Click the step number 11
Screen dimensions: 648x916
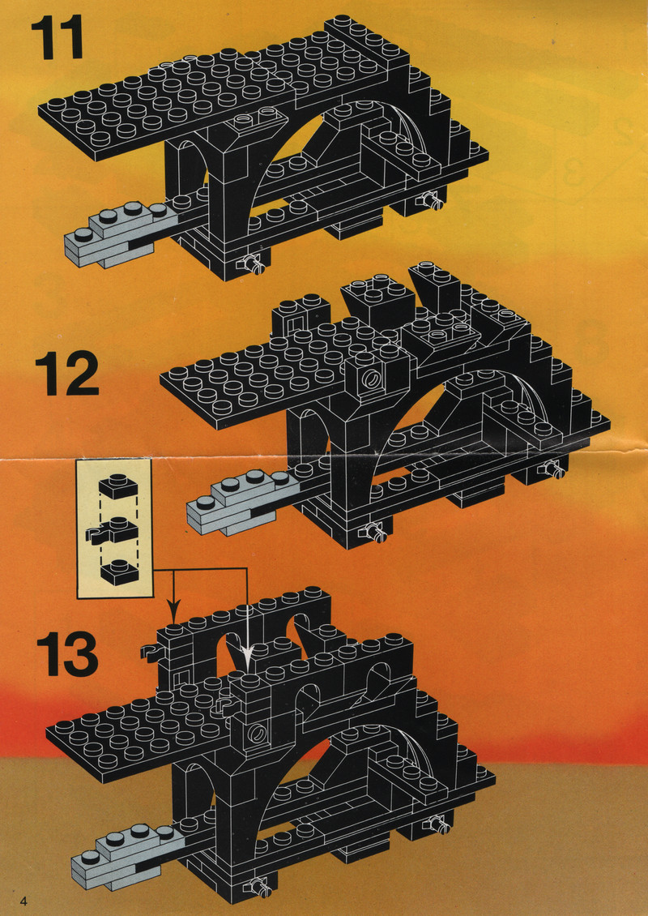56,37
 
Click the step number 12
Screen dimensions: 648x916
66,374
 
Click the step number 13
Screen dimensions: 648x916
66,655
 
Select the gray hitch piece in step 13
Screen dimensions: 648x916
126,858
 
